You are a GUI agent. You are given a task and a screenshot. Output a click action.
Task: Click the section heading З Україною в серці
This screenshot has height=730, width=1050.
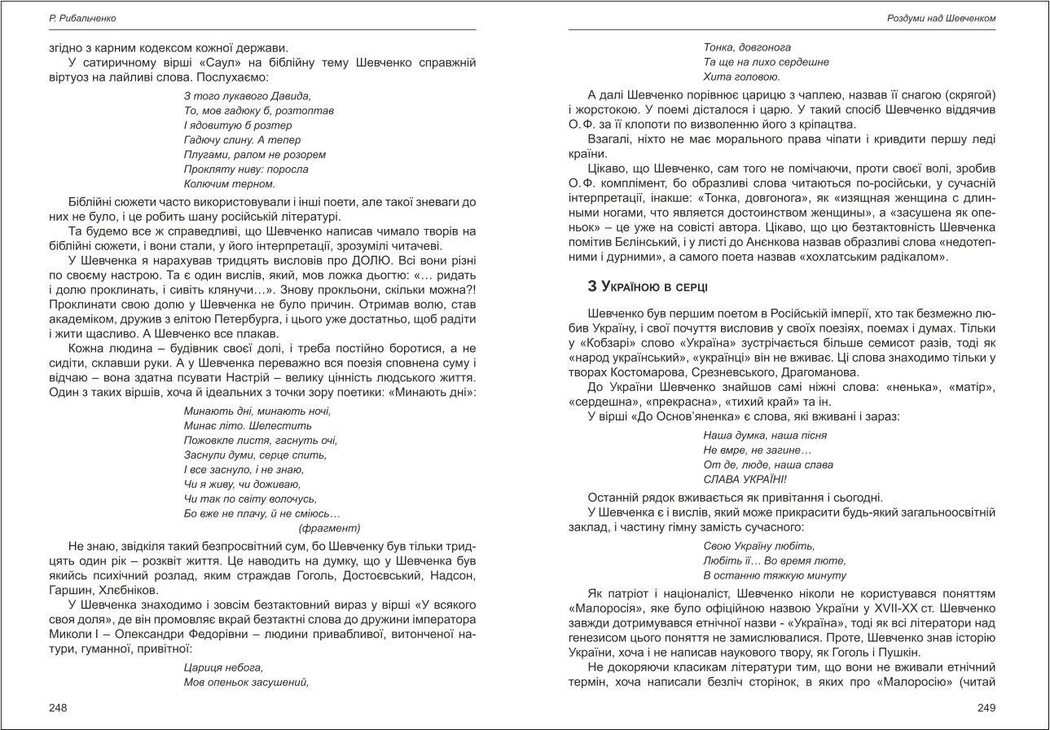(x=647, y=287)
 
